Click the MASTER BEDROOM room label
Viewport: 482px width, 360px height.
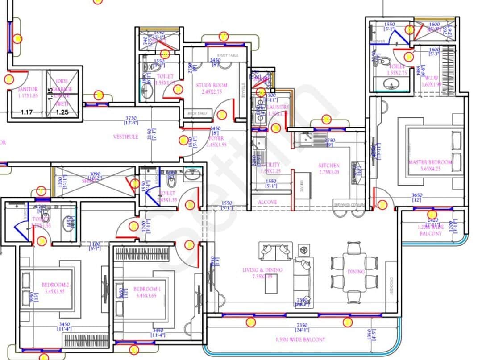tap(430, 162)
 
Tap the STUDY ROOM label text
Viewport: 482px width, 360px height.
tap(212, 85)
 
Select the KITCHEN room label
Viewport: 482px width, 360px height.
tap(329, 166)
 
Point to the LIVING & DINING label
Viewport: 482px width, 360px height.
tap(262, 270)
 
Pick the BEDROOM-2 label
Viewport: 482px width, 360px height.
tap(55, 285)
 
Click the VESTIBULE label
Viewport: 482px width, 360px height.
tap(125, 137)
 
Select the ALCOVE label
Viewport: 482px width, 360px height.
tap(267, 202)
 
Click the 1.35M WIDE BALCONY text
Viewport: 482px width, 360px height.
tap(301, 339)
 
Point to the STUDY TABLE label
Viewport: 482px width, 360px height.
tap(228, 55)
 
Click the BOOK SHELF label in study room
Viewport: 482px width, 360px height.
tap(198, 113)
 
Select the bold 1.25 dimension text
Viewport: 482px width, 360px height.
tap(62, 112)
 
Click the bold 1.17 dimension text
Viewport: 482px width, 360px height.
tap(28, 112)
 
